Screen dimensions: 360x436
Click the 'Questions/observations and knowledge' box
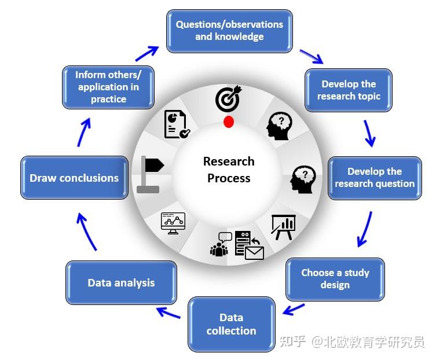(229, 31)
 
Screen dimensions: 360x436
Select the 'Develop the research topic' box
(349, 90)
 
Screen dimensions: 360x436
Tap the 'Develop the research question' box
(375, 178)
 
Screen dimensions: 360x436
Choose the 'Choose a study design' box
(335, 278)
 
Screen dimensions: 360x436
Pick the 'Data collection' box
(231, 324)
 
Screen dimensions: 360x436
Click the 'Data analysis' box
(121, 282)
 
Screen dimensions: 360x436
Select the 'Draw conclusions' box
(74, 178)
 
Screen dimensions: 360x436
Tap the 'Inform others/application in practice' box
(108, 87)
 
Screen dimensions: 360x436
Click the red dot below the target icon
(229, 122)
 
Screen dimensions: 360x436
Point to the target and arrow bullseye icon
(228, 99)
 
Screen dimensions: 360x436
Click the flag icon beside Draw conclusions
(151, 174)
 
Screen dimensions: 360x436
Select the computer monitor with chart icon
(173, 223)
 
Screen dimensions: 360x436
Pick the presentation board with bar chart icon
(283, 226)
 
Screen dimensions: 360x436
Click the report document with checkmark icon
(177, 124)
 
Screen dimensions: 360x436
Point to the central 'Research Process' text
(229, 170)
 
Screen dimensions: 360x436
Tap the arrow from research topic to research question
(369, 133)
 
